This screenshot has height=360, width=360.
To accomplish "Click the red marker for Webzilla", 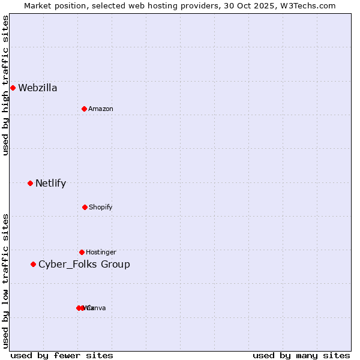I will (13, 88).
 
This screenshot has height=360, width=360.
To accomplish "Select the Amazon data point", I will (85, 109).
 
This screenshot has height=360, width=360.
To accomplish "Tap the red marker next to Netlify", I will (30, 183).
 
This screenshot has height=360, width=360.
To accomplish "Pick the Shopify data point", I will (85, 207).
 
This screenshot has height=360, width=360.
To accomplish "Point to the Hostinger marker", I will (82, 252).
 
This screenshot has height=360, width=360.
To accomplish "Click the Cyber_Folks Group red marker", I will (33, 264).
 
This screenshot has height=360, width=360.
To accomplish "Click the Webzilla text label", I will (38, 88).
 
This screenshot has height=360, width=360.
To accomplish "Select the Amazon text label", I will (101, 109).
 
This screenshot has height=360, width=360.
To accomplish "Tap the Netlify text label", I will (50, 184).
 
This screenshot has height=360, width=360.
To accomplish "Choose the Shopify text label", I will (101, 207).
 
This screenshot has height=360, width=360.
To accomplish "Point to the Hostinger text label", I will (101, 252).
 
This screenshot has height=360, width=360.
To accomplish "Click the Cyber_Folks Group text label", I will (84, 265).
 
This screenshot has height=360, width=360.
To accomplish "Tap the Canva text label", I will (97, 308).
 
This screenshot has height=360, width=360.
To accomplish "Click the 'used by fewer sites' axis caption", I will (62, 355).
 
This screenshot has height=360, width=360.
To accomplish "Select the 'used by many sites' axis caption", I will (301, 355).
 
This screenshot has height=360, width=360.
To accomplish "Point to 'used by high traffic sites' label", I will (5, 85).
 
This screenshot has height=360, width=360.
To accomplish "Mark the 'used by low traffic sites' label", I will (5, 281).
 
